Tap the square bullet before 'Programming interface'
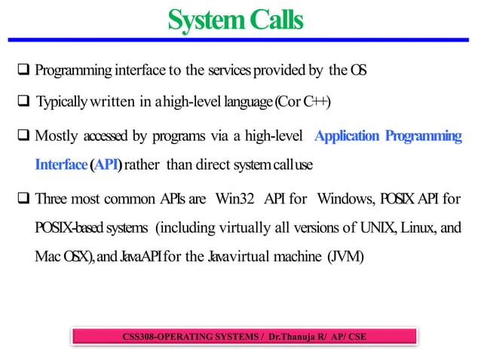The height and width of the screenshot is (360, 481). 23,71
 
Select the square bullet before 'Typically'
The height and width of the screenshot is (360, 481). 23,102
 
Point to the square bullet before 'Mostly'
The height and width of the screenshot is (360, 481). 23,136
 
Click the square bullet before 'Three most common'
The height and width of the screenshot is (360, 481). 23,200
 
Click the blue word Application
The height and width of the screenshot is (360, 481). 346,136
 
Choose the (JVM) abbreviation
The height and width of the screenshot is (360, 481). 345,257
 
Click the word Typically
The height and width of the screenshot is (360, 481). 63,102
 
